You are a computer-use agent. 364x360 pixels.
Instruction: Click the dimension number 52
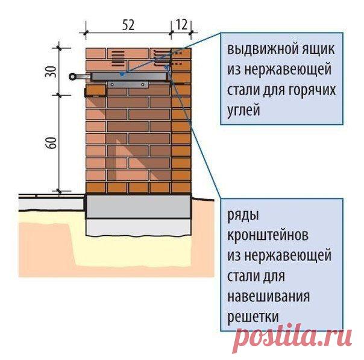coord(128,25)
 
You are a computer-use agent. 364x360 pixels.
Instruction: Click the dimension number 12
coord(181,24)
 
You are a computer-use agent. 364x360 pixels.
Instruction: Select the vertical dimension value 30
coord(51,72)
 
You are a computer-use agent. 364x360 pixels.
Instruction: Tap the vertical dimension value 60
coord(51,143)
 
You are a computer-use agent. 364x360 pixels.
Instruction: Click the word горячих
coord(312,90)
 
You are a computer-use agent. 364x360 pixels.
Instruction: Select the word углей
coord(243,110)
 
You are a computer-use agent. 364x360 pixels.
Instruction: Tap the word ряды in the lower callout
coord(243,216)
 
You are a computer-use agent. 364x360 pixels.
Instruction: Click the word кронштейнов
coord(268,235)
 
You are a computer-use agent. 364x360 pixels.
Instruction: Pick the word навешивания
coord(268,297)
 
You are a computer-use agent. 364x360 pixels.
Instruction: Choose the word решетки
coord(253,317)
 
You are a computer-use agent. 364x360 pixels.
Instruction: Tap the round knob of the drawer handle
coord(72,77)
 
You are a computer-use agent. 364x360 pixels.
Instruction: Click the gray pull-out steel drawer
coord(129,77)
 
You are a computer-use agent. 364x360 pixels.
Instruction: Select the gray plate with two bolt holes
coord(128,85)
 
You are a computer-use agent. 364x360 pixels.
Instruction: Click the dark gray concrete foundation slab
coord(139,206)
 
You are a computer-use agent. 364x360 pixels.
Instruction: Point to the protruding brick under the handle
coord(96,90)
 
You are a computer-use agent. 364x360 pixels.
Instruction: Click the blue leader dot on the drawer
coord(122,74)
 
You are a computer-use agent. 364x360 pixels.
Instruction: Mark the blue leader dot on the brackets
coord(166,68)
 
